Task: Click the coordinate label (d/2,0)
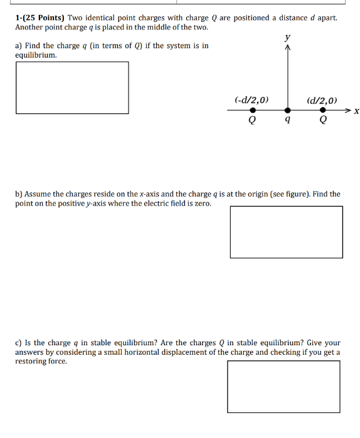tap(322, 100)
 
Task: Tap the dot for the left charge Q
tap(252, 110)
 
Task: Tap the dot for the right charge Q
tap(323, 110)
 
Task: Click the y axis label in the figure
tap(288, 38)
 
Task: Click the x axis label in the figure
tap(356, 112)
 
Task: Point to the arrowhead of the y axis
tap(288, 49)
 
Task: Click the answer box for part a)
tap(72, 88)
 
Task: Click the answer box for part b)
tap(287, 232)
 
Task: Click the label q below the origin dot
tap(287, 120)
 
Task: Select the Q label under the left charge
tap(252, 120)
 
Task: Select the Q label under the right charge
tap(323, 120)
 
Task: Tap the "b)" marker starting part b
tap(19, 194)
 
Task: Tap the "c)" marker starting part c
tap(19, 343)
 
